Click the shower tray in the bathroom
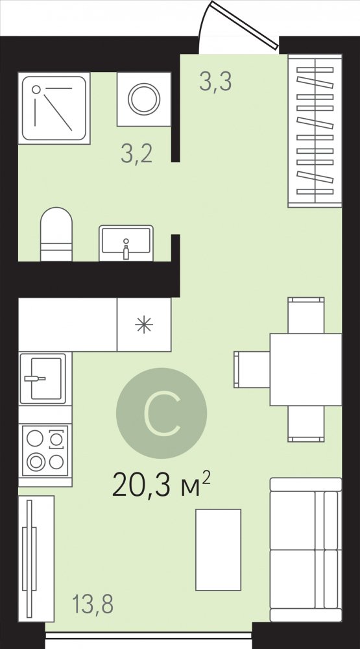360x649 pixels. (x=54, y=108)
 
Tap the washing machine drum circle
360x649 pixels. (x=144, y=99)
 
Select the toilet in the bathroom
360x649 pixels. (x=56, y=234)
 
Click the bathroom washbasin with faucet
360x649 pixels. (x=126, y=243)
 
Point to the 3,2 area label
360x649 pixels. (x=137, y=154)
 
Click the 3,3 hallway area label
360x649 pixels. (x=215, y=81)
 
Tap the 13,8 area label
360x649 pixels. (x=93, y=604)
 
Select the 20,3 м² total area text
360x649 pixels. (x=162, y=484)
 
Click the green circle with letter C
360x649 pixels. (x=162, y=413)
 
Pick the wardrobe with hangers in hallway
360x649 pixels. (x=315, y=131)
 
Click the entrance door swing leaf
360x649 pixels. (x=244, y=25)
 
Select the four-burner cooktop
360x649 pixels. (x=45, y=450)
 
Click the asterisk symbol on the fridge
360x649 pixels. (x=144, y=325)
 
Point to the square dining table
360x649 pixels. (x=306, y=370)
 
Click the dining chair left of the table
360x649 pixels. (x=252, y=370)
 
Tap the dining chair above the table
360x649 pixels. (x=306, y=315)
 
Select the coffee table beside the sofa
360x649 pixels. (x=218, y=550)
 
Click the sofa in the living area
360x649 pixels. (x=306, y=549)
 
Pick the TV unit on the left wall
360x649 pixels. (x=36, y=559)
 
